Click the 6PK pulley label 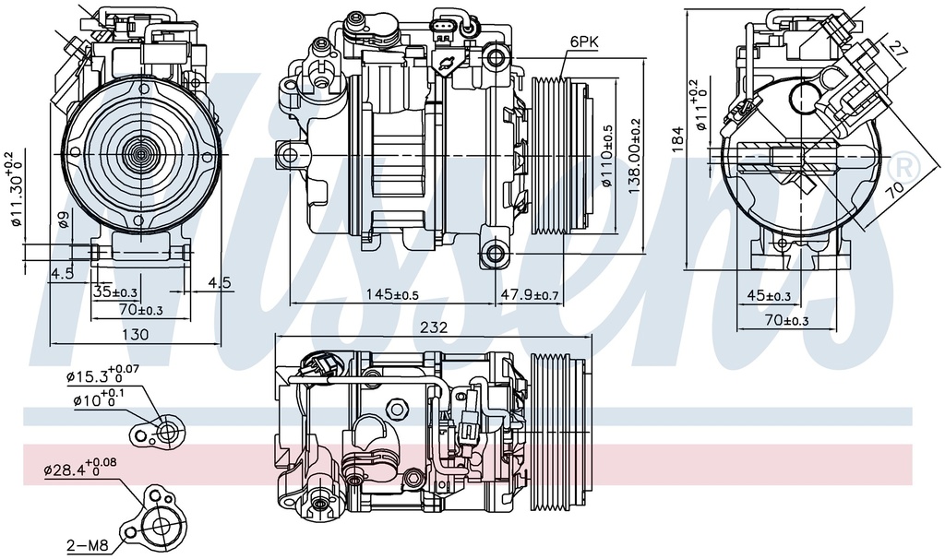(584, 42)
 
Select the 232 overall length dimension (433, 327)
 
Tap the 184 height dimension (679, 138)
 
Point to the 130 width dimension (135, 336)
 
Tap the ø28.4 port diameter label (79, 470)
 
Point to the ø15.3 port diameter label (102, 375)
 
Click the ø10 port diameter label (98, 400)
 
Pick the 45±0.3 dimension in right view (768, 296)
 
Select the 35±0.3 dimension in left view (115, 292)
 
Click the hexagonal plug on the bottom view (398, 407)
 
